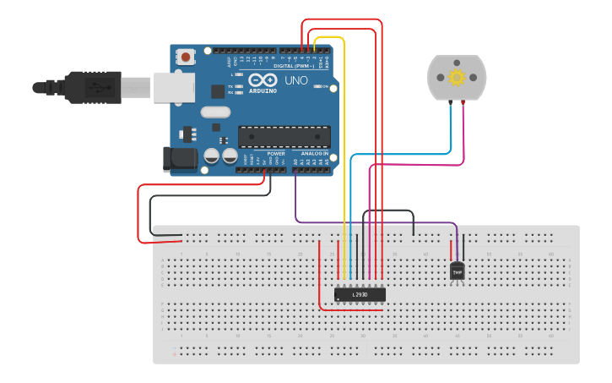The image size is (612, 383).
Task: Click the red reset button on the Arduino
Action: point(185,57)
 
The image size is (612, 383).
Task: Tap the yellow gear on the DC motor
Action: point(457,78)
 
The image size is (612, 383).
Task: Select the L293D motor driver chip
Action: point(360,294)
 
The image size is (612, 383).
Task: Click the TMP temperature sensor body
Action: point(458,271)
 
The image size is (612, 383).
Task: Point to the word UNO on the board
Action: point(296,80)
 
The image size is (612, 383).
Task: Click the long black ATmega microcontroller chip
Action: point(284,135)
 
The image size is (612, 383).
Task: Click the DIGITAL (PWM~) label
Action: point(293,65)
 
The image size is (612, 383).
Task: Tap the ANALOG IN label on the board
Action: point(315,153)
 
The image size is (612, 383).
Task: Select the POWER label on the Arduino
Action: point(275,153)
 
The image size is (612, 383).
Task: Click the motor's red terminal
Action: point(463,102)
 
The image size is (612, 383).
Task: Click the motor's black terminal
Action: point(450,102)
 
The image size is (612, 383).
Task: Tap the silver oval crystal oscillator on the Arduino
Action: point(215,112)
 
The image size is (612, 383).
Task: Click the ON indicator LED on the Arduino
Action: point(317,86)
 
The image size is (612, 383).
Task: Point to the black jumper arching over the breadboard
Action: point(388,211)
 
